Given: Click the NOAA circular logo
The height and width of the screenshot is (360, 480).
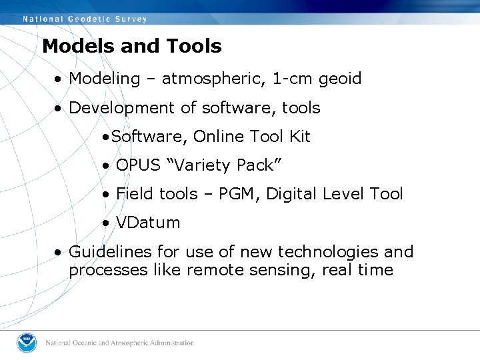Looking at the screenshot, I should [27, 343].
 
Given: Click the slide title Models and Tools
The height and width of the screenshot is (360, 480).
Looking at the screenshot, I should [131, 46].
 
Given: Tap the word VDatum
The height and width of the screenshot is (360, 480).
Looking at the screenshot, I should [148, 223].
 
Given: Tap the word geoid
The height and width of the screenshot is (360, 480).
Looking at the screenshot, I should [340, 79].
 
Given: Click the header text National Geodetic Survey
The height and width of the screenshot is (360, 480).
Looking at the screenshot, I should [85, 19].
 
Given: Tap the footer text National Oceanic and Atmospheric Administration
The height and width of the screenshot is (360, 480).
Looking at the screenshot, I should [119, 343].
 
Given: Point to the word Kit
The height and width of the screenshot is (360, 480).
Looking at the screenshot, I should [299, 137].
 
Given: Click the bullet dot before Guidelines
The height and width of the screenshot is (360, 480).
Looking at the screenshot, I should [59, 253].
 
